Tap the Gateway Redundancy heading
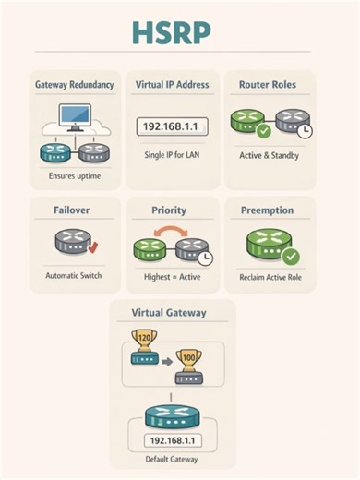click(75, 85)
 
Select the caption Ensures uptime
click(75, 173)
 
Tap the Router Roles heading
click(270, 85)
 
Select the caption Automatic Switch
click(75, 275)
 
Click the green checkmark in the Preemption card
click(289, 256)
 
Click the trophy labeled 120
click(144, 342)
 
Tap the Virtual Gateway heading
click(173, 313)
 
